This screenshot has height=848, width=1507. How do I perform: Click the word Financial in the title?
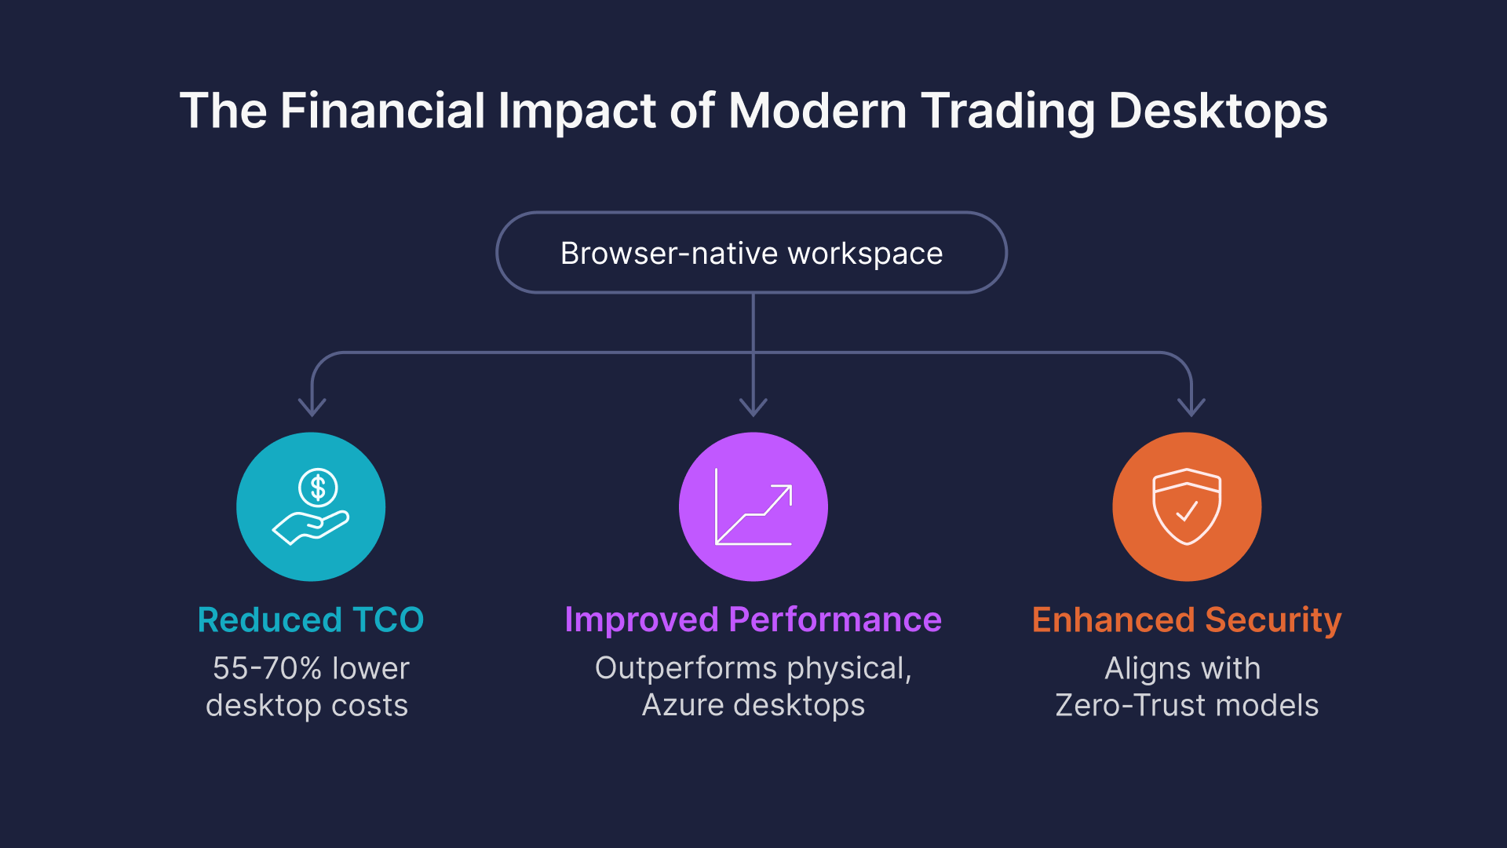pyautogui.click(x=382, y=110)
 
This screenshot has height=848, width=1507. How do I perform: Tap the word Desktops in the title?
pyautogui.click(x=1217, y=110)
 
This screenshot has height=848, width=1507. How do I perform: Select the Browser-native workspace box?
pyautogui.click(x=751, y=253)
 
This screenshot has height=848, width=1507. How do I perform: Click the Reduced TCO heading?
pyautogui.click(x=311, y=620)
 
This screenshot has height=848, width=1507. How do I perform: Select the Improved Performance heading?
pyautogui.click(x=753, y=620)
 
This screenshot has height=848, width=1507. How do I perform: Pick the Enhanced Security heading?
pyautogui.click(x=1186, y=620)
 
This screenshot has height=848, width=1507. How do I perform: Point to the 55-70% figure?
pyautogui.click(x=267, y=668)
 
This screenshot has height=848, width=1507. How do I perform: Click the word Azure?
pyautogui.click(x=683, y=705)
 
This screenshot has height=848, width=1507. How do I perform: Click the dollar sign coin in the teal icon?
pyautogui.click(x=318, y=488)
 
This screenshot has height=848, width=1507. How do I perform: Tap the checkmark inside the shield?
pyautogui.click(x=1187, y=511)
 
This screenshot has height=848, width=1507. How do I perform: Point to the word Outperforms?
pyautogui.click(x=686, y=668)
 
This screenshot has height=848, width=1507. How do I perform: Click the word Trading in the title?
pyautogui.click(x=1008, y=110)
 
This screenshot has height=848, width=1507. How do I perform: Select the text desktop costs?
pyautogui.click(x=307, y=705)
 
